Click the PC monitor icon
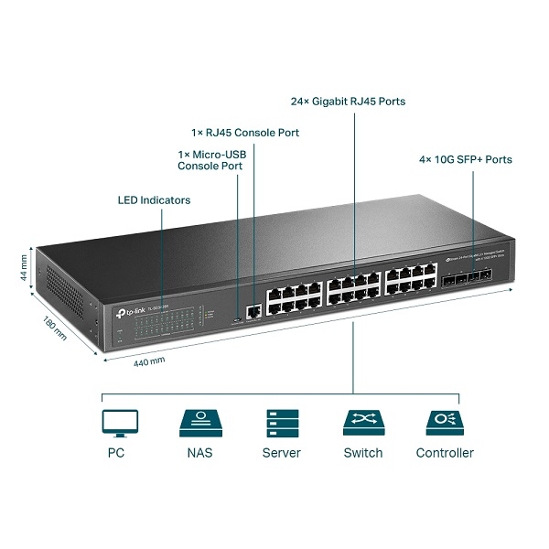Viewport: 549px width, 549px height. (x=120, y=422)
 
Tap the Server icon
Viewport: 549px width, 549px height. (x=281, y=422)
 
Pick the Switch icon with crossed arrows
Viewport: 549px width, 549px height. (x=362, y=422)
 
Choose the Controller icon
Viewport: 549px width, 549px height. (x=445, y=422)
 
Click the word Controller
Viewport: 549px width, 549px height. (x=445, y=453)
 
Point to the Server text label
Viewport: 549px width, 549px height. (x=281, y=453)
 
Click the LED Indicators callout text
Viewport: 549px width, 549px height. (x=155, y=199)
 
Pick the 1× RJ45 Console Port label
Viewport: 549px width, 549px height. (x=245, y=133)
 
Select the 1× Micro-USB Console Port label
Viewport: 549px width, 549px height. (x=210, y=160)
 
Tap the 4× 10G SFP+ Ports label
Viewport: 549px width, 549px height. (x=465, y=159)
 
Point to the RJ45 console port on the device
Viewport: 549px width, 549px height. (x=253, y=312)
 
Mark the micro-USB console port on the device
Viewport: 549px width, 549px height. (x=238, y=318)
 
